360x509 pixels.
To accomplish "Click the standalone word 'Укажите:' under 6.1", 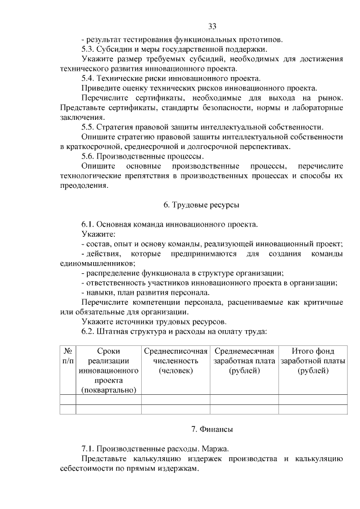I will [x=98, y=234].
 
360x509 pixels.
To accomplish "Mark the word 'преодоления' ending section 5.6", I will [x=83, y=186].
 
